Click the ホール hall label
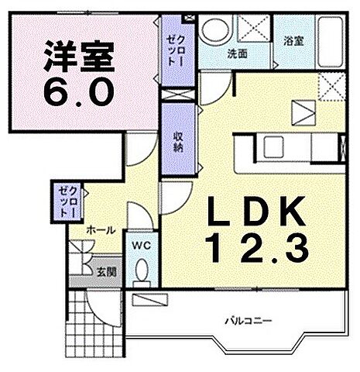101,230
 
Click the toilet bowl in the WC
140,271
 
